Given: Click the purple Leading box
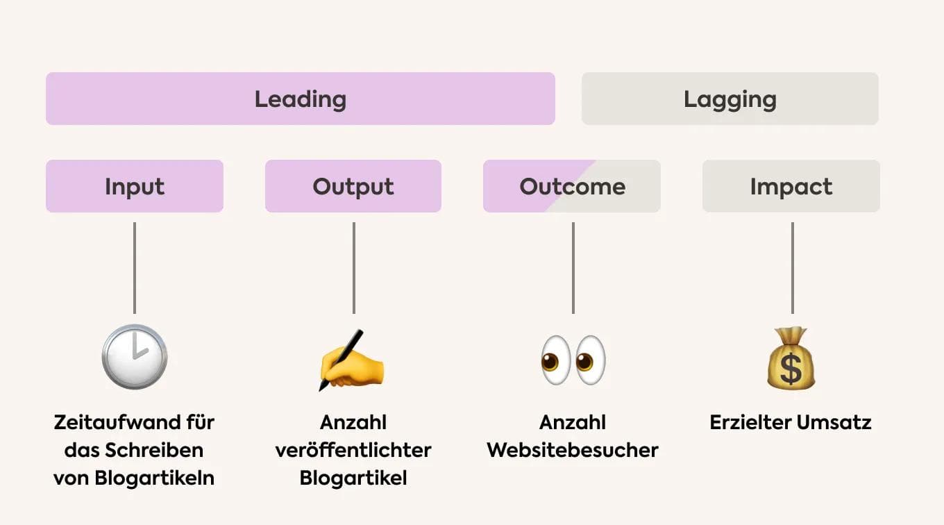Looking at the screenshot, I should click(300, 99).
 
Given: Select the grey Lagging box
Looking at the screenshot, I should click(730, 99).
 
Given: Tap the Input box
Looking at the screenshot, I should click(135, 186).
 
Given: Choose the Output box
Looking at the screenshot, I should click(353, 186).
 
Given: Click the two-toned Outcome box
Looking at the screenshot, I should click(572, 186).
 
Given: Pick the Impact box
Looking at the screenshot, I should click(791, 186).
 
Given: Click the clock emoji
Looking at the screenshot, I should click(135, 357).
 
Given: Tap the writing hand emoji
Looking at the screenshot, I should click(351, 361).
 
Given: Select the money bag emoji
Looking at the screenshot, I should click(791, 358).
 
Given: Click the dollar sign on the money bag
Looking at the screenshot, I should click(791, 369).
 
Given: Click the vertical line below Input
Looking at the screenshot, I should click(135, 268).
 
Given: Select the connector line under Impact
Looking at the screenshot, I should click(792, 268).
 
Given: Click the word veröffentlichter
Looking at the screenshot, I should click(353, 450).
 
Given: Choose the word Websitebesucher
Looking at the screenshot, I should click(573, 450).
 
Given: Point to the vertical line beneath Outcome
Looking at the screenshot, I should click(573, 268).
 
